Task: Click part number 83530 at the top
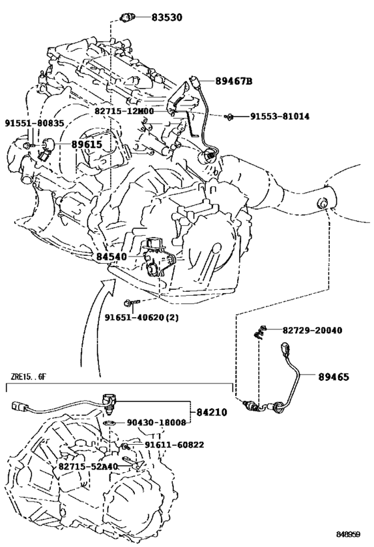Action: [x=167, y=17]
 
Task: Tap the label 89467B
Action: [x=233, y=81]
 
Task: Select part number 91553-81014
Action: [x=279, y=116]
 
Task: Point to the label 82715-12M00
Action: [x=124, y=111]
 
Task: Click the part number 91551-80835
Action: [x=35, y=123]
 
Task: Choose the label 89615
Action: [x=87, y=144]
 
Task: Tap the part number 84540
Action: [x=112, y=256]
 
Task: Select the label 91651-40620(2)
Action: [x=142, y=317]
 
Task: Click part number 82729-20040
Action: [x=313, y=330]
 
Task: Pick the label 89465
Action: [x=333, y=377]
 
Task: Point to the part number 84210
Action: [x=212, y=412]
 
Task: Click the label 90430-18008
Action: [x=156, y=423]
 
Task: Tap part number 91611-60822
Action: [x=174, y=445]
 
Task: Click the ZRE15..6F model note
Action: [x=28, y=377]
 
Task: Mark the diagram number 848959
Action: [x=348, y=534]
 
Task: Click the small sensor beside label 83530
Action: [x=127, y=17]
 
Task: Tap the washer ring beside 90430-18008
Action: [x=110, y=423]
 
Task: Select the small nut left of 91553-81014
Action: [x=229, y=116]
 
